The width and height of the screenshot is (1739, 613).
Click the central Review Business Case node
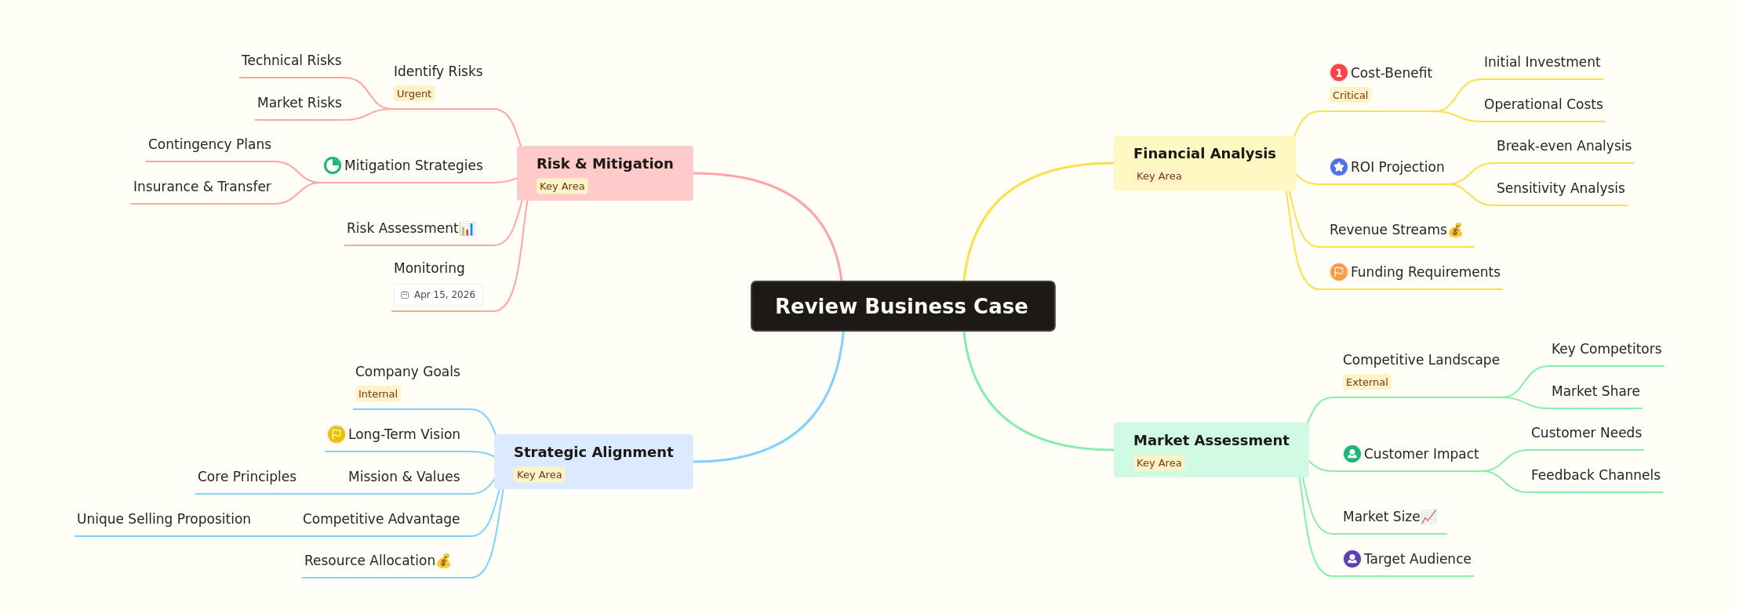point(902,306)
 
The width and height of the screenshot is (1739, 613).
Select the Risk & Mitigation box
point(605,172)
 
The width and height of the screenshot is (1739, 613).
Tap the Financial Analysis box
point(1204,162)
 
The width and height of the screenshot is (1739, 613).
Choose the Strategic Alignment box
point(593,461)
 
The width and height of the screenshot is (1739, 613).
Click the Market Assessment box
point(1210,449)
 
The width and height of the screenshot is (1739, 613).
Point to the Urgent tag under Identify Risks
point(413,94)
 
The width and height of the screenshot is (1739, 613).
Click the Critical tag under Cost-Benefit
point(1350,96)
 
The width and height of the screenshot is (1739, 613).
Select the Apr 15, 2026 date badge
point(438,295)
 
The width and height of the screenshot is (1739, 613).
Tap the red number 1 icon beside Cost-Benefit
point(1338,73)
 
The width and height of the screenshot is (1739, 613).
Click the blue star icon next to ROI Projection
point(1338,167)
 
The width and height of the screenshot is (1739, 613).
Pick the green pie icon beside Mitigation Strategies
point(333,165)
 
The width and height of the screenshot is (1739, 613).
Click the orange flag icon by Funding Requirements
point(1338,272)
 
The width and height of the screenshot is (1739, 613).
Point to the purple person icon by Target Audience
point(1352,559)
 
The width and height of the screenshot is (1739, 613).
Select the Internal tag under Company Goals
point(378,394)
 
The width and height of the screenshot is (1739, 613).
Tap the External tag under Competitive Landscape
point(1366,383)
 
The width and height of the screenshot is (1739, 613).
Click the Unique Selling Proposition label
point(164,519)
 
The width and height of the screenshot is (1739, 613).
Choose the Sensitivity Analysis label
point(1560,188)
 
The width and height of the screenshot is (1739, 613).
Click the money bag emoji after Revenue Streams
point(1456,230)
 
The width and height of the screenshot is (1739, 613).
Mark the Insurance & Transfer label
point(202,187)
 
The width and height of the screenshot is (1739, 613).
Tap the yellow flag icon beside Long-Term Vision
point(336,434)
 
